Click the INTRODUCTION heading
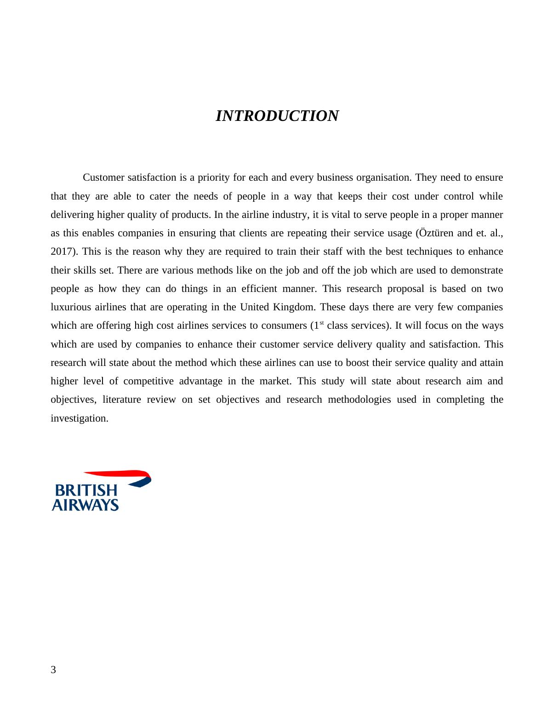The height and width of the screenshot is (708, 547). (277, 116)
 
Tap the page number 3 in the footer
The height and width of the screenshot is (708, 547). (53, 670)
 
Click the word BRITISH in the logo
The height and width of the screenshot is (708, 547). (86, 491)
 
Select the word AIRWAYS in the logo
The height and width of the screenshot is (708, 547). (85, 505)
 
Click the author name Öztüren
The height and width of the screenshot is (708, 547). (436, 233)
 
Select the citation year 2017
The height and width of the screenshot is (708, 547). (63, 252)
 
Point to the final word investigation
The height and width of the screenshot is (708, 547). (79, 418)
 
